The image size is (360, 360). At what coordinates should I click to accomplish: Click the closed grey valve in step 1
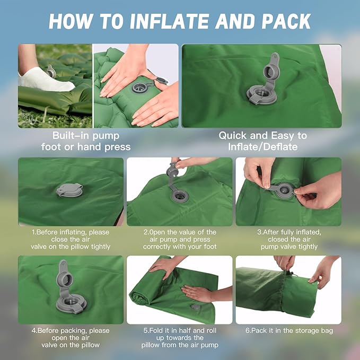[69, 190]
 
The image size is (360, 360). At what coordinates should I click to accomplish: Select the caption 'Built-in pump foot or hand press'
[86, 141]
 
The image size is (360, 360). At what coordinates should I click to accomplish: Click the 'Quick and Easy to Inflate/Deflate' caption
[262, 141]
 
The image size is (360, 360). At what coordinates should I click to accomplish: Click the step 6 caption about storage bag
[288, 331]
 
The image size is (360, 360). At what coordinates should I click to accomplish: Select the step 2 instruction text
[179, 239]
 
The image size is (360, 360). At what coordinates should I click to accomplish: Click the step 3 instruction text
[288, 239]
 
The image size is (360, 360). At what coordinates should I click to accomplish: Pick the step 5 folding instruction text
[179, 338]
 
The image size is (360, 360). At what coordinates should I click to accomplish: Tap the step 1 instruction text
[71, 239]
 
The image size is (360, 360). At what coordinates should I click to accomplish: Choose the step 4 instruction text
[71, 338]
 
